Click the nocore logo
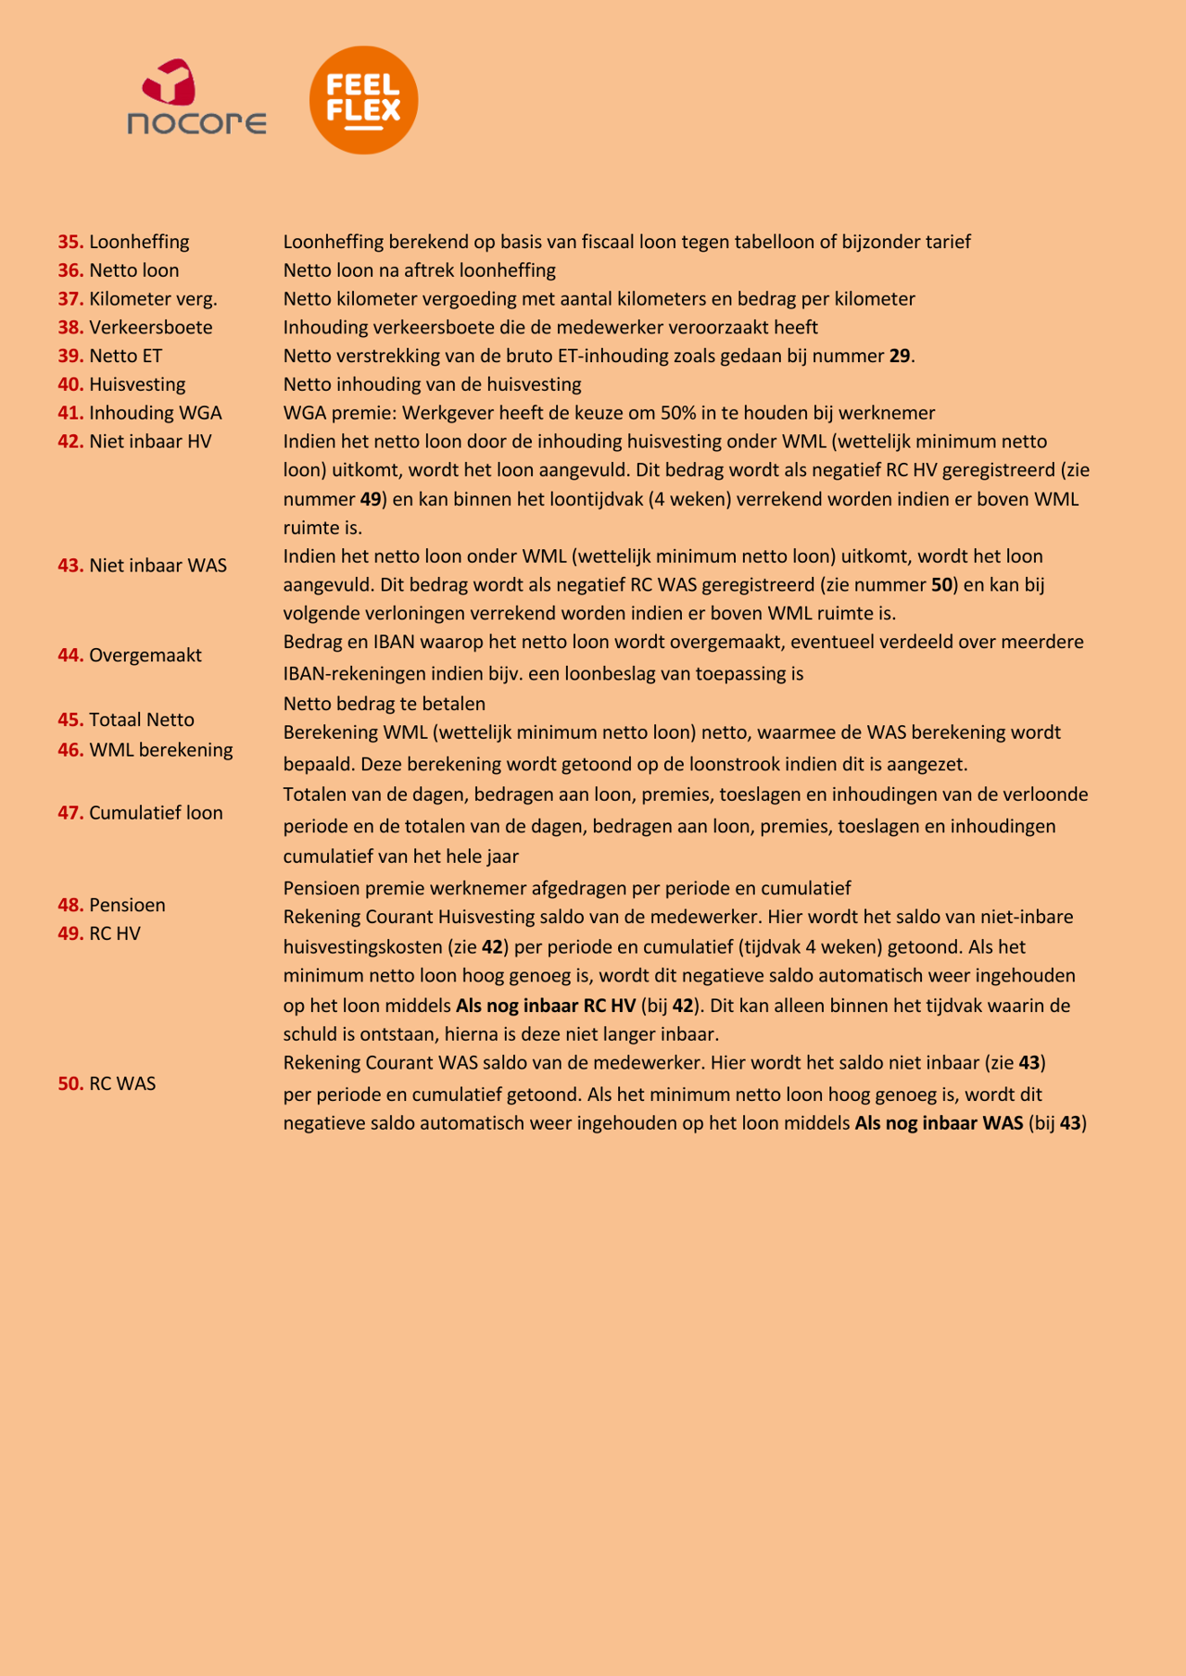click(x=196, y=98)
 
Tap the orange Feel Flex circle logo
click(x=363, y=100)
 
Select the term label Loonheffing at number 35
click(x=139, y=242)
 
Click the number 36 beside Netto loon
click(x=70, y=270)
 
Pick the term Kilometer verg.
click(x=153, y=299)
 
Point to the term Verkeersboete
click(x=151, y=328)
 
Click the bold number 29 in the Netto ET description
click(x=899, y=356)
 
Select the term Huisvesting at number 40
click(x=137, y=384)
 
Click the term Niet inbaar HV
click(x=150, y=442)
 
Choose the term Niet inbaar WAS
click(x=158, y=566)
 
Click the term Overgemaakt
click(x=145, y=656)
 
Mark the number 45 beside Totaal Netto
click(x=70, y=720)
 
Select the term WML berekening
click(x=161, y=750)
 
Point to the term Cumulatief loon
click(x=156, y=813)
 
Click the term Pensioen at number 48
click(x=127, y=906)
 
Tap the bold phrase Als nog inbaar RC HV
click(x=546, y=1006)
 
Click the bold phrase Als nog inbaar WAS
click(x=939, y=1123)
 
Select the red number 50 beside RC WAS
click(x=70, y=1084)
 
